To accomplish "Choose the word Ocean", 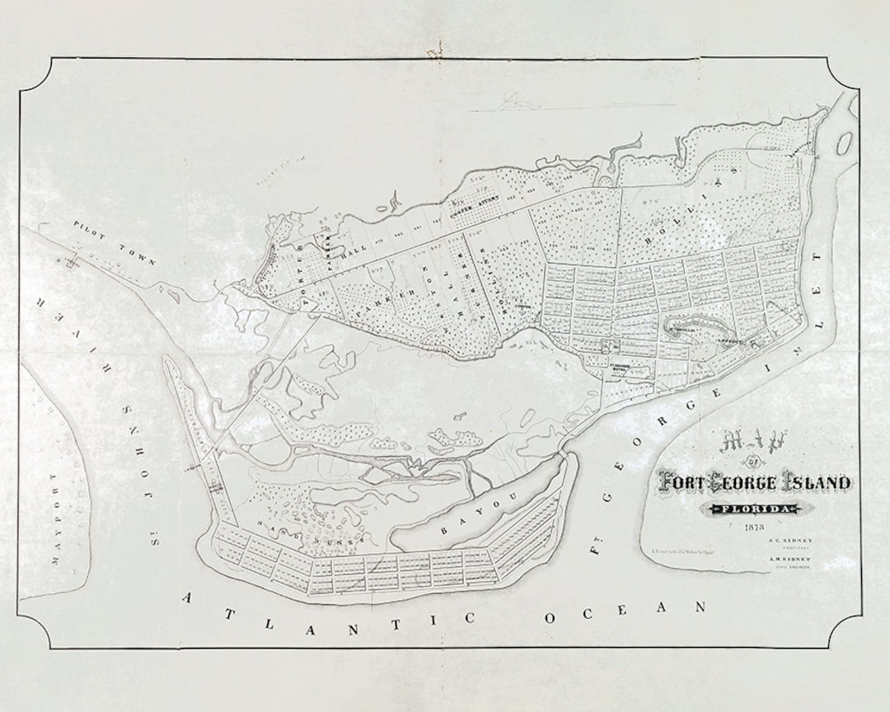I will (x=627, y=612).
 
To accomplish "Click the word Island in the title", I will (x=808, y=482).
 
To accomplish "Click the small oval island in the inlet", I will (x=844, y=144).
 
